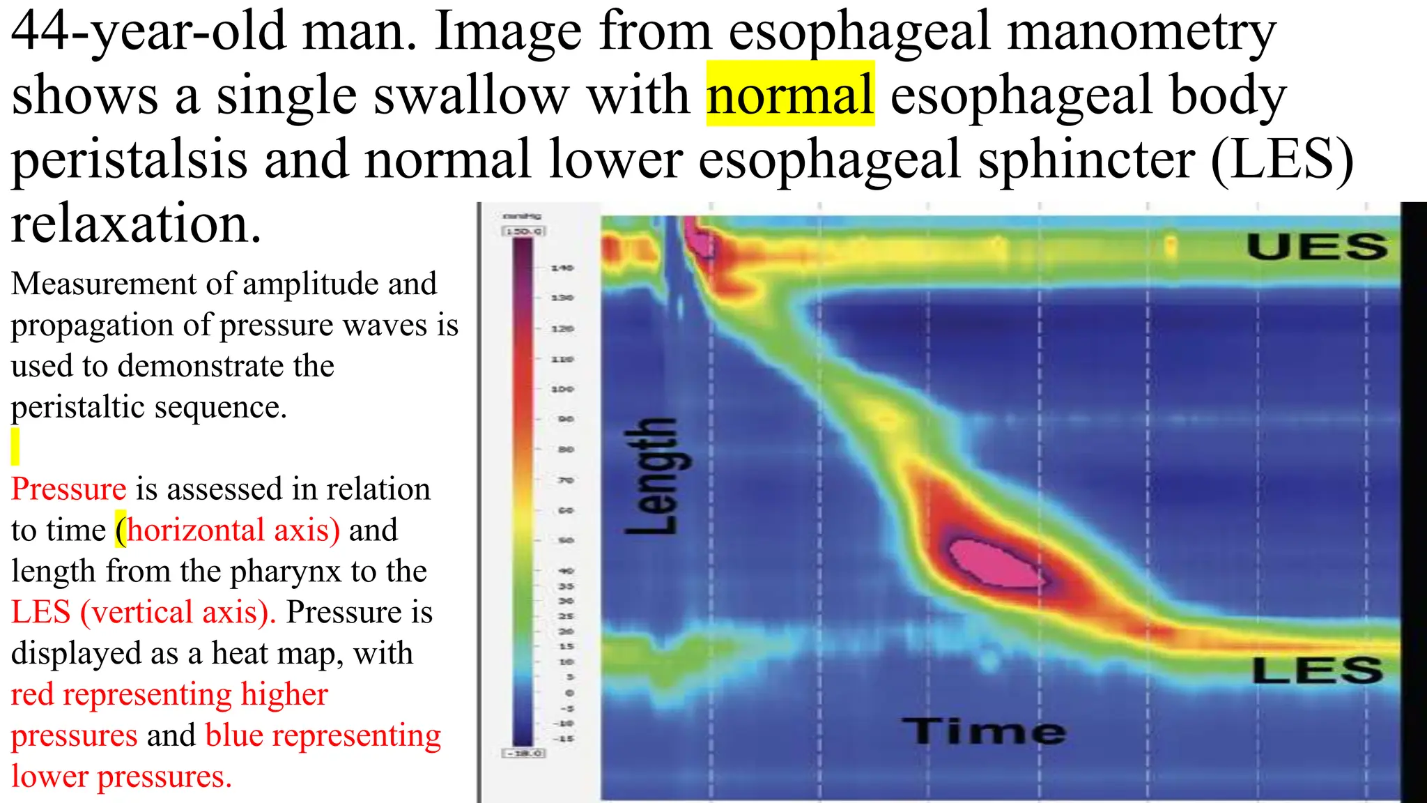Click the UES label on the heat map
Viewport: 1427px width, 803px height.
1317,247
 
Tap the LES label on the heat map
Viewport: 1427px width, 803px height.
1317,670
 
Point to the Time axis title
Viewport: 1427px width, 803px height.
983,731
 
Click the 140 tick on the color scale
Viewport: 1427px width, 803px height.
562,268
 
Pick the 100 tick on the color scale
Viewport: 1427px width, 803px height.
562,389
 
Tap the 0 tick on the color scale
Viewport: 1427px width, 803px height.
569,693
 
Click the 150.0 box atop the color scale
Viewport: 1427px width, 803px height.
523,231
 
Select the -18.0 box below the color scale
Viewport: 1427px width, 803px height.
524,754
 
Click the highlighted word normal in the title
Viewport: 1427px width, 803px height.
790,95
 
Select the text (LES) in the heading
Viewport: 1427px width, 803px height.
1282,160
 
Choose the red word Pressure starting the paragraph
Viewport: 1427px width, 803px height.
68,489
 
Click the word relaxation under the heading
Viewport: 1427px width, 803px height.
136,224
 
